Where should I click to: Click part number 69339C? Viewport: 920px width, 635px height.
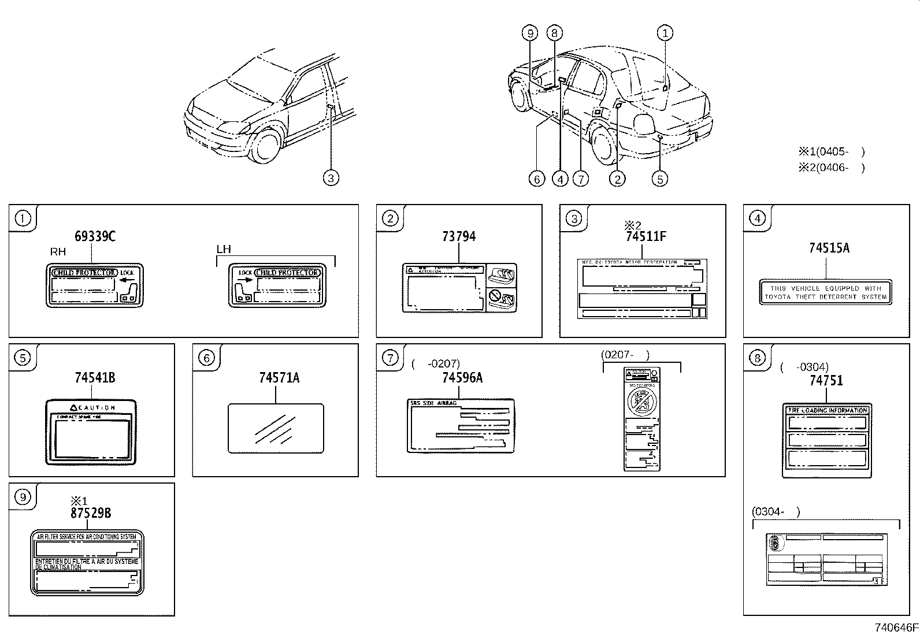(x=95, y=236)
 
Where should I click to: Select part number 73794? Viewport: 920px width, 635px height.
(x=458, y=236)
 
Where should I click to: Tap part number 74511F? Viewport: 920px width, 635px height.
(x=646, y=236)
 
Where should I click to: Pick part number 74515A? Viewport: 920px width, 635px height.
(x=829, y=248)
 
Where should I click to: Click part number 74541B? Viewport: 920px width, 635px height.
(x=95, y=378)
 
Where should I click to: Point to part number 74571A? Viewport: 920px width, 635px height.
(x=279, y=378)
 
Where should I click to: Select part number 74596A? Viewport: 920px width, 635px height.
(x=462, y=378)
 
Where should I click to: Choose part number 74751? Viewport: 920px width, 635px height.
(x=826, y=380)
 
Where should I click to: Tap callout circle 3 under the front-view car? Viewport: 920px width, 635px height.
(x=331, y=178)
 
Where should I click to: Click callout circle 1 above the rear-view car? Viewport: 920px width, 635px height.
(x=665, y=33)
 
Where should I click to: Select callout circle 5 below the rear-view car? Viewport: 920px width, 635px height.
(x=660, y=179)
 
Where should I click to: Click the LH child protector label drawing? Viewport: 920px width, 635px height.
(x=277, y=285)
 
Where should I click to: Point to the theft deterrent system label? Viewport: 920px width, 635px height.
(x=825, y=292)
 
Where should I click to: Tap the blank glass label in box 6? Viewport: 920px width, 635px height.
(x=276, y=428)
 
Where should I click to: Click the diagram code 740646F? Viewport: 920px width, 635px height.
(x=895, y=627)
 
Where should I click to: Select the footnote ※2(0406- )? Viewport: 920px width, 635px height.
(x=831, y=168)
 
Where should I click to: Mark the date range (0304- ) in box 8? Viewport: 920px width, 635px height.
(x=776, y=511)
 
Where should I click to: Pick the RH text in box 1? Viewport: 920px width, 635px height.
(x=58, y=252)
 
